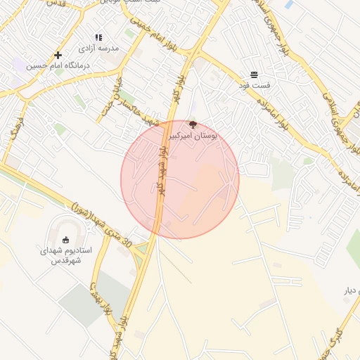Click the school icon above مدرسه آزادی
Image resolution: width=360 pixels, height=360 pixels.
[98, 37]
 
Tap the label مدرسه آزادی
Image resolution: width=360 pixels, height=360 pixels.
[98, 48]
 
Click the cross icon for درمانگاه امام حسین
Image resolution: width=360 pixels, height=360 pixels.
[58, 55]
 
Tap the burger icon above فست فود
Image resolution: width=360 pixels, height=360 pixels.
[254, 75]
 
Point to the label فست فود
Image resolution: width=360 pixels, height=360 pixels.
[254, 85]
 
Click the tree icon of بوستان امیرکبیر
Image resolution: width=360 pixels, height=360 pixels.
[193, 124]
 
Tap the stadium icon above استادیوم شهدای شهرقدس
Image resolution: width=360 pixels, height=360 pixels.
[67, 240]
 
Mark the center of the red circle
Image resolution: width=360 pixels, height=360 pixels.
[180, 179]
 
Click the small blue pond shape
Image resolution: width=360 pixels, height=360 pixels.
[288, 4]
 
